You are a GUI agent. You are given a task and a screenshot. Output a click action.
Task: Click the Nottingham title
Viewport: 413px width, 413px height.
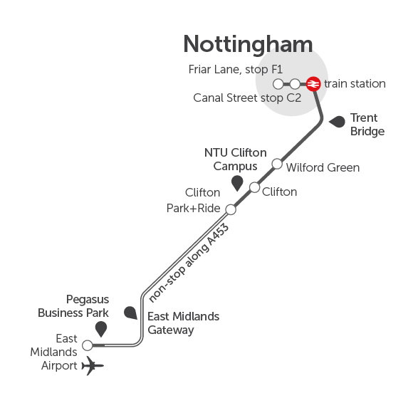[x=248, y=45]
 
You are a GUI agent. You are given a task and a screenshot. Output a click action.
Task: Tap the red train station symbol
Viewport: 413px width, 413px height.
[x=313, y=84]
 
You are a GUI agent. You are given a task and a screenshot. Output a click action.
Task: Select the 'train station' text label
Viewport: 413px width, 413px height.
[x=355, y=84]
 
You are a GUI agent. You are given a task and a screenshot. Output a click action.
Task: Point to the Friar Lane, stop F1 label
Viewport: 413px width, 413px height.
[x=236, y=70]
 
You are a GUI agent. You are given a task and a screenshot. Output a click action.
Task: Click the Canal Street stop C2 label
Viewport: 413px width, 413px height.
[x=247, y=98]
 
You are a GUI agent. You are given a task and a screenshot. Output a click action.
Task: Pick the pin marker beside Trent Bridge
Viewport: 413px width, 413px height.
[x=337, y=122]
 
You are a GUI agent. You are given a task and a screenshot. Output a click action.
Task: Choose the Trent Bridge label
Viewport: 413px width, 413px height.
[x=367, y=125]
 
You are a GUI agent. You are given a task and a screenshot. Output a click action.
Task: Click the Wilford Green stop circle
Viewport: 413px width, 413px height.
[x=277, y=164]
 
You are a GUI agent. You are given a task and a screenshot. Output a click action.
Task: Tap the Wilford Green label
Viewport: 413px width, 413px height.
[x=323, y=167]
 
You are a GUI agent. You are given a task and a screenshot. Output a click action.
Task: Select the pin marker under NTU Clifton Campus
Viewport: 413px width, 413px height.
[x=237, y=183]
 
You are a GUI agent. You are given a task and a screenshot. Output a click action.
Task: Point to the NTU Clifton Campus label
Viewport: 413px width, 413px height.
[x=236, y=160]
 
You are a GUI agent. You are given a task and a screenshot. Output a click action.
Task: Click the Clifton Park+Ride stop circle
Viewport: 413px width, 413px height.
[x=231, y=209]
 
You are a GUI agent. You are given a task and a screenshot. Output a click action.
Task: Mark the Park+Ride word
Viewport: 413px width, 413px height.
[x=194, y=209]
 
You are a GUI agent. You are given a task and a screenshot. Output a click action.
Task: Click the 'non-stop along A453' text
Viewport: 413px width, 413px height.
[x=189, y=263]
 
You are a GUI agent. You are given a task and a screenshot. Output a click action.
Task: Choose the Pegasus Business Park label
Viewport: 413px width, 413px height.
[x=73, y=306]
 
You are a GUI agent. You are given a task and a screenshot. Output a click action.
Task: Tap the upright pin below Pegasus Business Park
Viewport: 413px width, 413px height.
[x=101, y=329]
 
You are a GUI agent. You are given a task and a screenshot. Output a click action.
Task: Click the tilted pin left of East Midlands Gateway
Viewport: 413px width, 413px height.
[x=130, y=313]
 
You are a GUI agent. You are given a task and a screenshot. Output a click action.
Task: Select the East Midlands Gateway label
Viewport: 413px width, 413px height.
[x=183, y=323]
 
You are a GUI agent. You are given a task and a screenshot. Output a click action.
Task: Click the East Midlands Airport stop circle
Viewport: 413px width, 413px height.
[x=88, y=345]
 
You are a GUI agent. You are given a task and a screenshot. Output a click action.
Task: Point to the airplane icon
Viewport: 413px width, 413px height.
[x=93, y=365]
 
